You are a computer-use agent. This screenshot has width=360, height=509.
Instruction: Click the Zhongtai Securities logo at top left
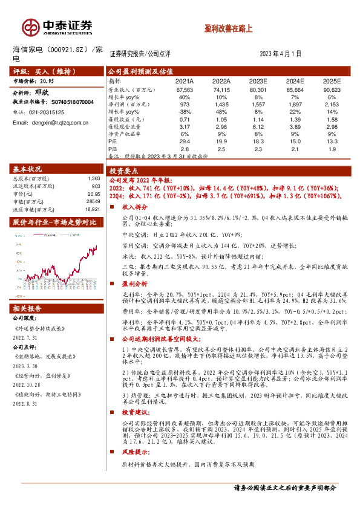click(57, 27)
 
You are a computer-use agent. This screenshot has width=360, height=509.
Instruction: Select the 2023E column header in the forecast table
click(258, 80)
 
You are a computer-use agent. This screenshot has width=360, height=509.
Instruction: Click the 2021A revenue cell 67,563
click(184, 89)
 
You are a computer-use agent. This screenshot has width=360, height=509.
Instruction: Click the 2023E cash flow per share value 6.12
click(258, 126)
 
